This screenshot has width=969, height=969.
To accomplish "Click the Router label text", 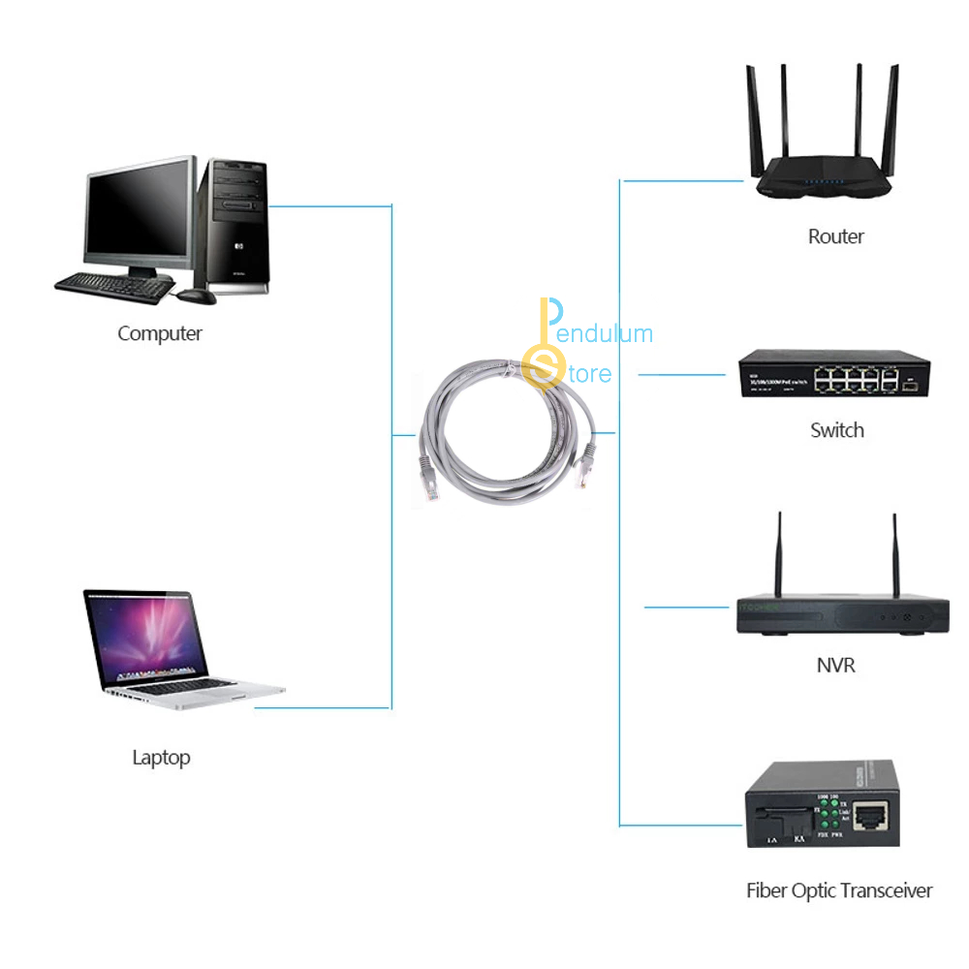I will [835, 236].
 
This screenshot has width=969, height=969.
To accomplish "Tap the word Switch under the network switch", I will [836, 430].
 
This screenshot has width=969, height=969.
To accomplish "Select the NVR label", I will [835, 666].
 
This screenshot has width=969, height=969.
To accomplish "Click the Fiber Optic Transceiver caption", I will [839, 891].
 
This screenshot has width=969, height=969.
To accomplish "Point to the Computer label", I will [160, 333].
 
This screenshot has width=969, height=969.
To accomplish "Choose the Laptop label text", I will [161, 758].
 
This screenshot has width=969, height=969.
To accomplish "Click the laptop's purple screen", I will [147, 639].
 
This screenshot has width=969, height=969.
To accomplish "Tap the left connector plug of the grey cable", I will [427, 475].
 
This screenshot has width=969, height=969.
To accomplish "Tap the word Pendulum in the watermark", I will [607, 334].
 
